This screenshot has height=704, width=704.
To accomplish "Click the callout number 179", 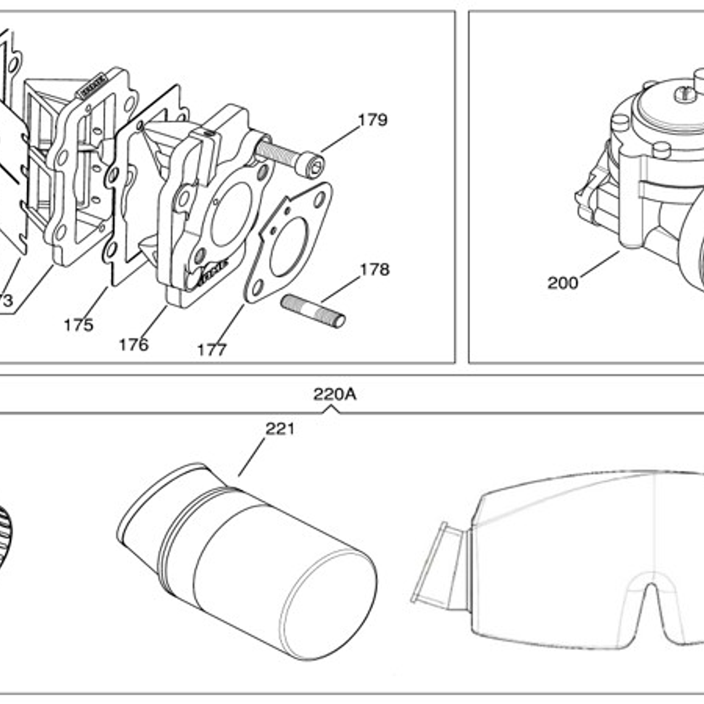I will pyautogui.click(x=372, y=120).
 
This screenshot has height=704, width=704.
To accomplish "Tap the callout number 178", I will pyautogui.click(x=374, y=270).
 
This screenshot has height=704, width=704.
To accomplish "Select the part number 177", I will pyautogui.click(x=212, y=350).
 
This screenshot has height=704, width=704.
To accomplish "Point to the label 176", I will pyautogui.click(x=133, y=345).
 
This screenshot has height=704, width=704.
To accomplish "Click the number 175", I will pyautogui.click(x=78, y=325).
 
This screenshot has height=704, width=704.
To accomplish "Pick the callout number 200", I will pyautogui.click(x=563, y=283).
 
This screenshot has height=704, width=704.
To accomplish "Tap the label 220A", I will pyautogui.click(x=334, y=394).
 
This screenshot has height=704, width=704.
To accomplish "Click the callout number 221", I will pyautogui.click(x=280, y=429).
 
